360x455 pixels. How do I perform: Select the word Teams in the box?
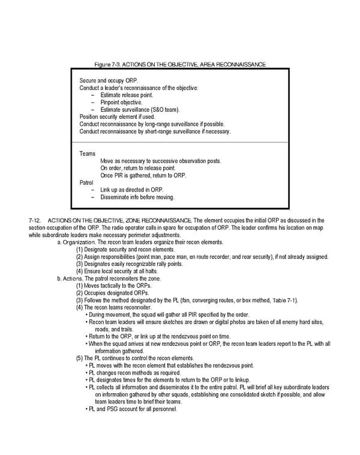[x=87, y=154]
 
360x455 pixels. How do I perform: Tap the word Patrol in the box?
[x=87, y=182]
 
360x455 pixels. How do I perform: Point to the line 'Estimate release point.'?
[x=127, y=95]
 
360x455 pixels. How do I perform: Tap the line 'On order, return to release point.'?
[x=137, y=168]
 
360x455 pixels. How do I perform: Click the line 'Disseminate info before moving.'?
[x=137, y=197]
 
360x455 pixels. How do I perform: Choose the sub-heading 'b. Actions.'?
[x=70, y=279]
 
